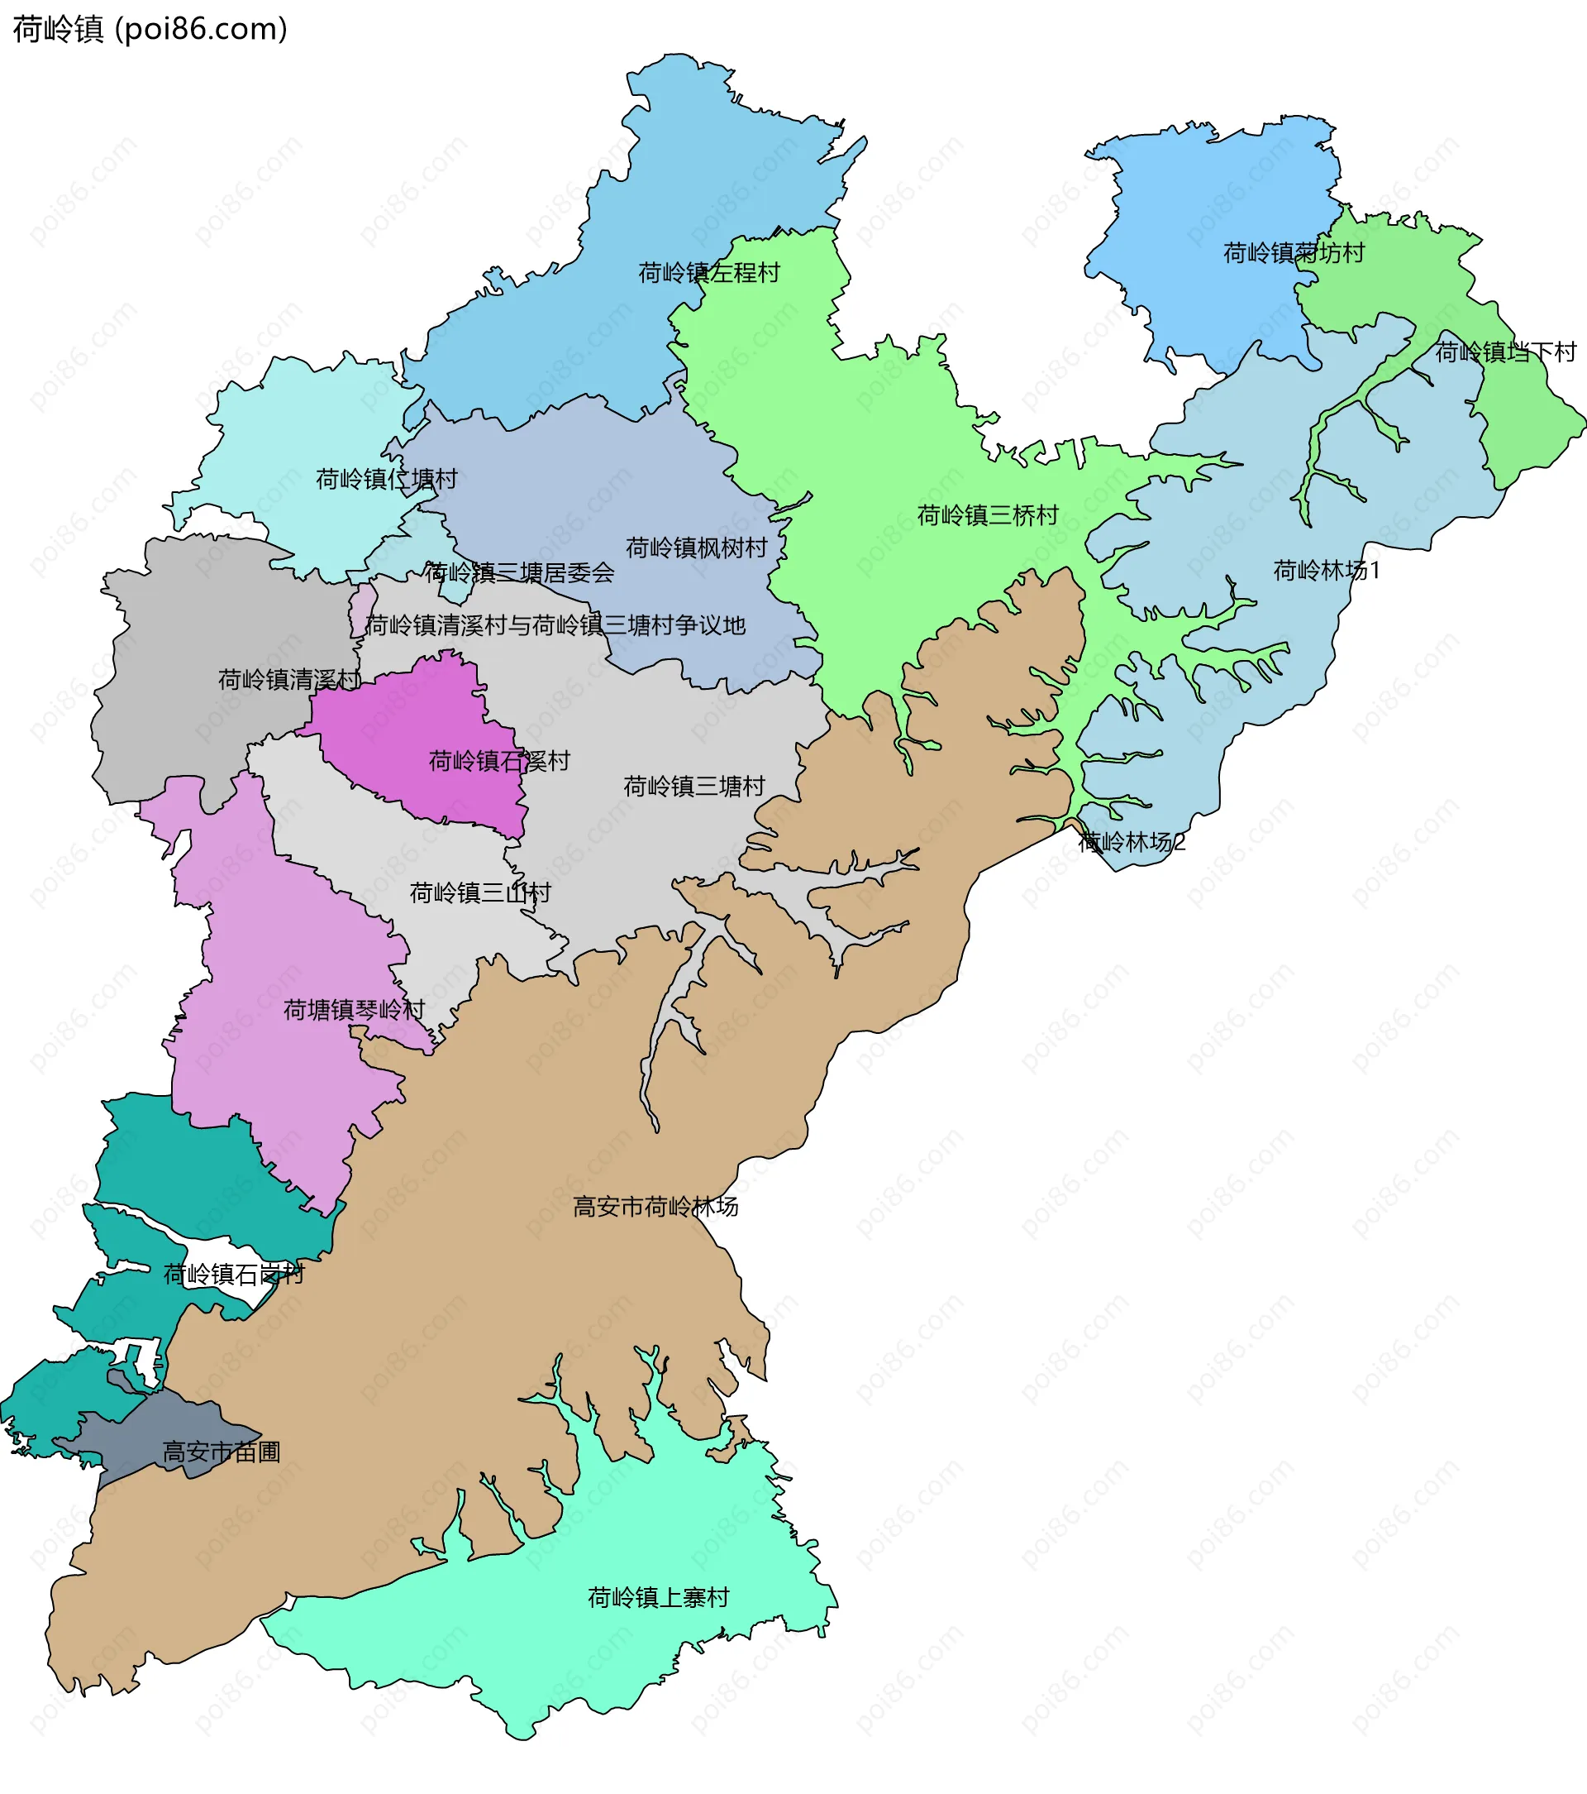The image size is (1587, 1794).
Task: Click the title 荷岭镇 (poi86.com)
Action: (x=150, y=29)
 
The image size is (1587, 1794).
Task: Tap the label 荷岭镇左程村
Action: (x=709, y=273)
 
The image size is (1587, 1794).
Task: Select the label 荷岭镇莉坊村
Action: (x=1294, y=254)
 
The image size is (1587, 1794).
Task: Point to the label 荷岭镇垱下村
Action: (x=1505, y=352)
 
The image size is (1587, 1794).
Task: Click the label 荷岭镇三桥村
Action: (x=988, y=515)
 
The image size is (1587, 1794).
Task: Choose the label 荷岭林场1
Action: (x=1327, y=571)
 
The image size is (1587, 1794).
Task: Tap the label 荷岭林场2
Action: (x=1132, y=843)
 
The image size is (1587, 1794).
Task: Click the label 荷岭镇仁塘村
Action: (x=387, y=479)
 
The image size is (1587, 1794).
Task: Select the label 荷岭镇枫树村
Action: (x=697, y=548)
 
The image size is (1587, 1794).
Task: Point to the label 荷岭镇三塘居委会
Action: (x=519, y=573)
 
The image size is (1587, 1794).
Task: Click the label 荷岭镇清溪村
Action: (x=289, y=679)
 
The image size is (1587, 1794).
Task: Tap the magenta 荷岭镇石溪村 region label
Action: (x=499, y=761)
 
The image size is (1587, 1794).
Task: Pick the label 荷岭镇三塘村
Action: (x=694, y=787)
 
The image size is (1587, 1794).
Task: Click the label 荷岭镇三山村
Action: (x=480, y=893)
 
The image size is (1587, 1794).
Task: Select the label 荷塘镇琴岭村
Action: (x=354, y=1010)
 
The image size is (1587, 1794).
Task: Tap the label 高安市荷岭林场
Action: (x=655, y=1207)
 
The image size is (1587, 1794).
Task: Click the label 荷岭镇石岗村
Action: (x=233, y=1275)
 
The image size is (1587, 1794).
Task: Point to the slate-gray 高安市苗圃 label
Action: (x=221, y=1452)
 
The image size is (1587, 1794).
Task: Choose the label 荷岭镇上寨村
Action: (x=658, y=1597)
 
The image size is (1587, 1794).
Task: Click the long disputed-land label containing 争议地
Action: (x=555, y=626)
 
